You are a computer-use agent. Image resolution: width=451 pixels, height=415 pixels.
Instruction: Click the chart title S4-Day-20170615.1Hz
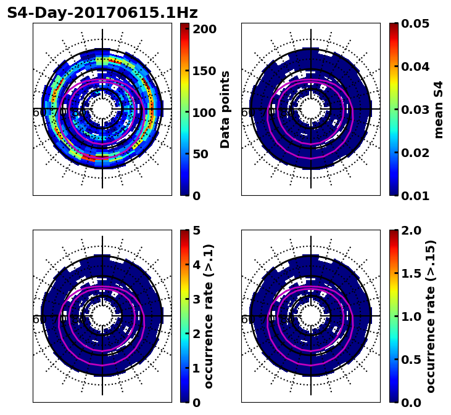[102, 13]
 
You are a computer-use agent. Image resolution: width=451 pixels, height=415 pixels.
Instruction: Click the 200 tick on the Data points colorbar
[203, 29]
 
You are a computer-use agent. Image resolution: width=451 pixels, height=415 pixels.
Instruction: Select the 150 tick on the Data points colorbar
[203, 71]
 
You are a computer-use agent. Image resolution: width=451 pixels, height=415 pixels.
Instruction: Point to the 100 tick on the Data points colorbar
[203, 113]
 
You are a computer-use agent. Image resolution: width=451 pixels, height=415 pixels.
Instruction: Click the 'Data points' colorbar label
[225, 110]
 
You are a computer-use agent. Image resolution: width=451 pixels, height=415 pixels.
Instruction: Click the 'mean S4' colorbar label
[439, 110]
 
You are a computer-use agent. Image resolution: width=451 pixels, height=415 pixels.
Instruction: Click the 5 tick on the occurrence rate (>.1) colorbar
[196, 230]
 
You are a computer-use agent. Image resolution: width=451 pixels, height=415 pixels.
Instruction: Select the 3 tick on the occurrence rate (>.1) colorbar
[196, 299]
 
